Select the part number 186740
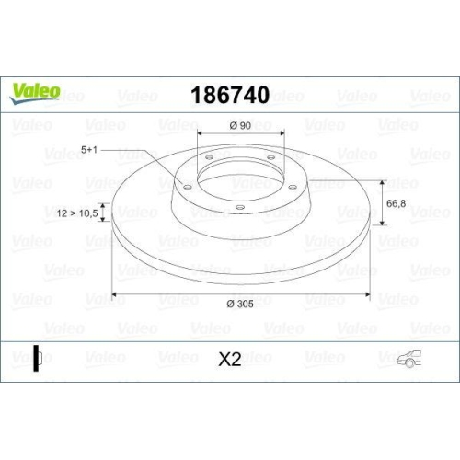coord(229,95)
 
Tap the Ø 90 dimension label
coord(240,125)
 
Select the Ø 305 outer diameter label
coord(240,305)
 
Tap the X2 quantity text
coord(229,360)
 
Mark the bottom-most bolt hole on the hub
coord(239,207)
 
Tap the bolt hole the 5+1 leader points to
coord(188,188)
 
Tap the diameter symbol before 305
coord(230,305)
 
